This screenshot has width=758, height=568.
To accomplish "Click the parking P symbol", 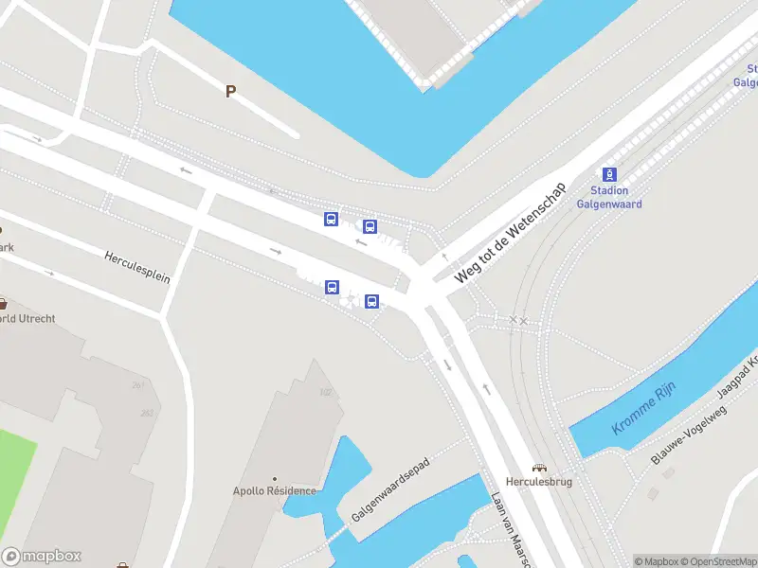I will [x=229, y=91].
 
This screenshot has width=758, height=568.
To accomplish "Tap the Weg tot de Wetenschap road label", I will [x=510, y=232].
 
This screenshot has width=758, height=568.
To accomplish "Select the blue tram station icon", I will [x=609, y=174].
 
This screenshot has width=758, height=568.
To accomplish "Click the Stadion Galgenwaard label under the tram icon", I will [x=609, y=197].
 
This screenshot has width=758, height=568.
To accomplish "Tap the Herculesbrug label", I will [x=539, y=482].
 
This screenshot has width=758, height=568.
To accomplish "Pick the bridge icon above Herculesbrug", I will [x=539, y=468].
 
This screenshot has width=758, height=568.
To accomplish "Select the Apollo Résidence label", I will [x=275, y=490].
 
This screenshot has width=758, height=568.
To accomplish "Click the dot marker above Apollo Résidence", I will [x=275, y=479].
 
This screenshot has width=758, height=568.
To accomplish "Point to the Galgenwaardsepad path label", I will [x=390, y=489].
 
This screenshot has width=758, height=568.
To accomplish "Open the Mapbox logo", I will [x=42, y=556].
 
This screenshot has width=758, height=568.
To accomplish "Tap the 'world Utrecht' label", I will [x=28, y=318].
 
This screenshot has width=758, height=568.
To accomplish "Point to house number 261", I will [x=139, y=384].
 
